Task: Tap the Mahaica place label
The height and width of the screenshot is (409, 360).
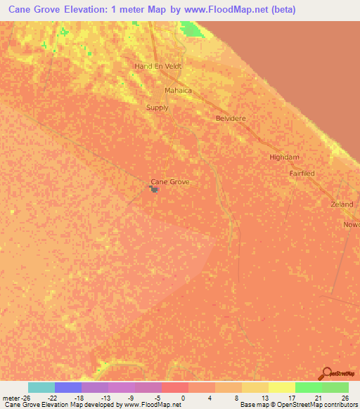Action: point(178,91)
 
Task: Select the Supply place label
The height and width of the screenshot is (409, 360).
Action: point(157,108)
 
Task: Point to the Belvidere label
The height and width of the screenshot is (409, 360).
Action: point(231,119)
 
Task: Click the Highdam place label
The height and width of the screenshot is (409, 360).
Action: point(284,157)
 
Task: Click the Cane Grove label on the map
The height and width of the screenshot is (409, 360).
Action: point(170,181)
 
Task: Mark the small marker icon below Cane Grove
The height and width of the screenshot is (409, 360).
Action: point(153,188)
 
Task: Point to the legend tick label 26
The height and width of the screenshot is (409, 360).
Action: point(345,398)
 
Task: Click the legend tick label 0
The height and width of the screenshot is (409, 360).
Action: point(184,398)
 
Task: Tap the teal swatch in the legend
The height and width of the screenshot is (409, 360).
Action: point(41,387)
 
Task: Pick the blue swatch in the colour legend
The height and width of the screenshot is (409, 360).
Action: point(68,387)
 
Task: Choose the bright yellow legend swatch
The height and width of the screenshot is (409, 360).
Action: point(282,387)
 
